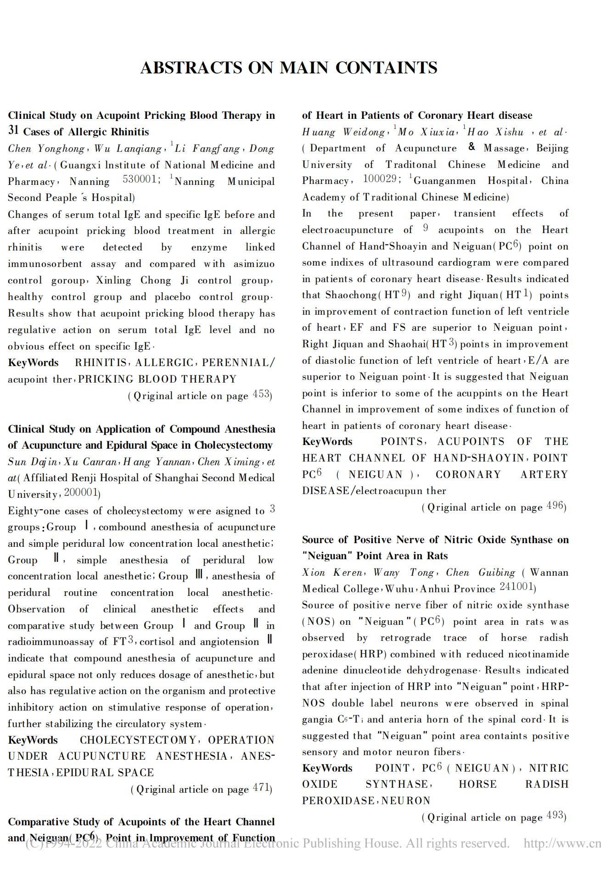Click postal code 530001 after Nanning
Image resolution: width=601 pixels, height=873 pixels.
[x=140, y=179]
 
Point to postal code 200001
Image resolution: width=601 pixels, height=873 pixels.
[x=81, y=493]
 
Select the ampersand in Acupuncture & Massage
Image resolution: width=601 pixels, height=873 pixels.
[x=472, y=147]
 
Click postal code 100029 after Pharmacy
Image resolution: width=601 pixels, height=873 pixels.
[x=379, y=178]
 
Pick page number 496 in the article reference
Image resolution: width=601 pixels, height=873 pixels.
[x=555, y=506]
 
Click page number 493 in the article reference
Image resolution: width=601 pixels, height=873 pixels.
[x=555, y=816]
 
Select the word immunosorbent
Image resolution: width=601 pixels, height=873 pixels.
[x=45, y=264]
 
